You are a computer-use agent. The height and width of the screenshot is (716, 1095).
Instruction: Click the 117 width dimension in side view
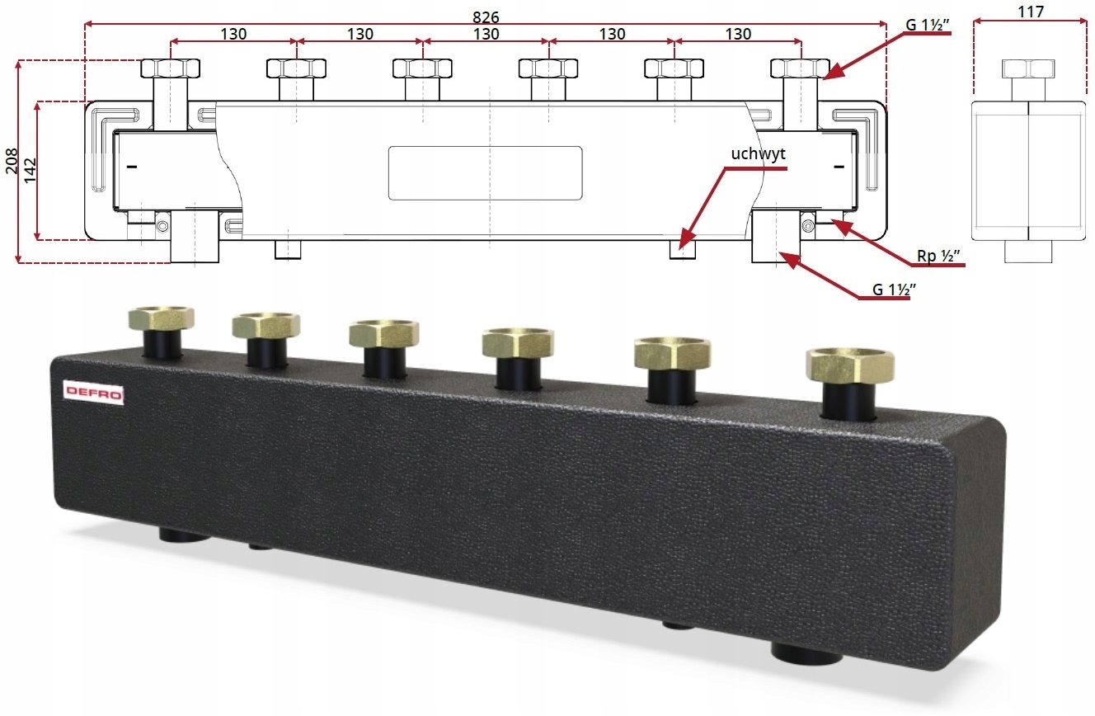pyautogui.click(x=1031, y=12)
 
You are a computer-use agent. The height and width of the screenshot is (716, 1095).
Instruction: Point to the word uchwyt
pyautogui.click(x=758, y=154)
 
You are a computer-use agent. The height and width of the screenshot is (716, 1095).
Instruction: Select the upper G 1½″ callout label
pyautogui.click(x=928, y=25)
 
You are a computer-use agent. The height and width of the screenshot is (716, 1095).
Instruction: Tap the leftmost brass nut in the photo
pyautogui.click(x=161, y=318)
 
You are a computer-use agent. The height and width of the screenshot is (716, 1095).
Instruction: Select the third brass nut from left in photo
pyautogui.click(x=383, y=332)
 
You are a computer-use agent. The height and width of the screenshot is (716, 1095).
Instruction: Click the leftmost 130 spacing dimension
pyautogui.click(x=234, y=34)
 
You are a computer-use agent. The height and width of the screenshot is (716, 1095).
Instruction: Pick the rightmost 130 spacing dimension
pyautogui.click(x=737, y=34)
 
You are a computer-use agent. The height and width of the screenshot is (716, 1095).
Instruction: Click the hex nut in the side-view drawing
pyautogui.click(x=1029, y=68)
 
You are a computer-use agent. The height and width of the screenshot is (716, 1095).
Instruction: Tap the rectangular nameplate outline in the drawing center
pyautogui.click(x=486, y=173)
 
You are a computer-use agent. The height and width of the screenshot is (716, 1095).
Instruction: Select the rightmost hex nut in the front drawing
pyautogui.click(x=799, y=67)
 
